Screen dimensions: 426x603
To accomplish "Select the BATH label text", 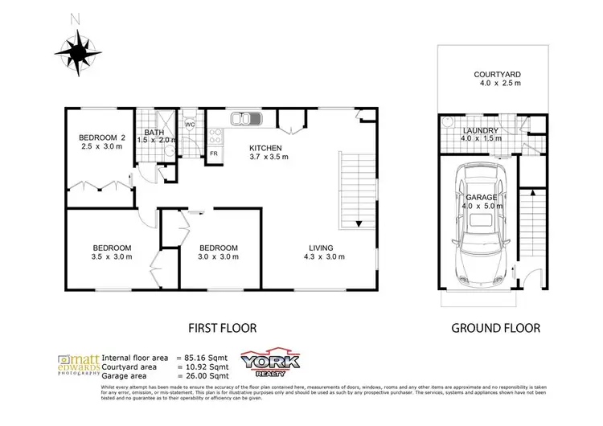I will point(153,132).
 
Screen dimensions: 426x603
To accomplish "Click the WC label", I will point(191,125).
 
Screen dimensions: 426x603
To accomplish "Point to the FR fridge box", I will point(215,153).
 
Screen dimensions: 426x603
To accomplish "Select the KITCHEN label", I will point(265,148).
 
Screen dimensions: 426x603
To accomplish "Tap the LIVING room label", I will point(324,248).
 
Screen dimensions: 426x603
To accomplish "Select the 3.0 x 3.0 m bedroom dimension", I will point(218,257).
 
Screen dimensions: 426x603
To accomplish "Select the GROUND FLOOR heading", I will point(494,328).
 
